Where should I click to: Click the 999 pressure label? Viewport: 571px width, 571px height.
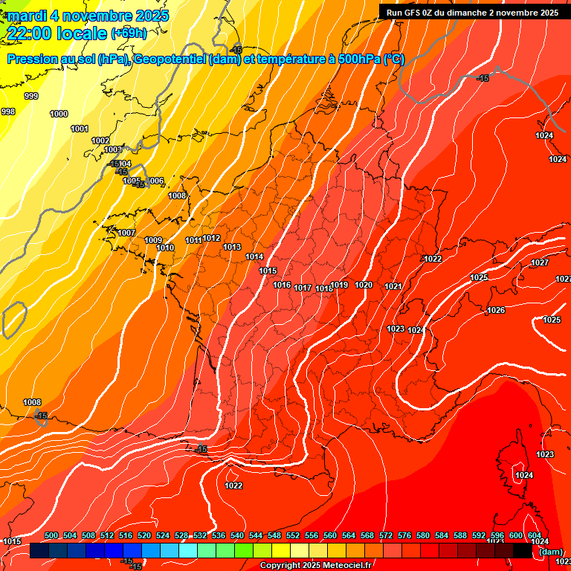pos(31,96)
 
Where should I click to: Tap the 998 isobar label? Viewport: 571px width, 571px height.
pos(8,112)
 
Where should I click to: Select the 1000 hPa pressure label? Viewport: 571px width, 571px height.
pos(59,114)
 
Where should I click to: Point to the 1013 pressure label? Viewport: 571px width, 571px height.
pos(232,247)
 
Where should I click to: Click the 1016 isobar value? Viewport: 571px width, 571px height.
pos(282,285)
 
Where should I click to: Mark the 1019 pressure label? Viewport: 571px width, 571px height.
pos(340,285)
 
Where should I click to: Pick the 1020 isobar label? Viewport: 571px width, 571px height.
pos(364,285)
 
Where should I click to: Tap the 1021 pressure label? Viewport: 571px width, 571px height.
pos(393,286)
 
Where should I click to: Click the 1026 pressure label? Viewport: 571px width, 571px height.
pos(496,310)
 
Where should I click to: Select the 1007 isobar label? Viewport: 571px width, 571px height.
pos(126,233)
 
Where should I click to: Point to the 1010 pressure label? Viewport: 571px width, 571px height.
pos(165,248)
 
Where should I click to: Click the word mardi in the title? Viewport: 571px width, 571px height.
pos(26,16)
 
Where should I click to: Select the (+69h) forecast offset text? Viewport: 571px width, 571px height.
pos(129,33)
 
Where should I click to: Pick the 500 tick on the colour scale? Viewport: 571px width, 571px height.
pos(51,535)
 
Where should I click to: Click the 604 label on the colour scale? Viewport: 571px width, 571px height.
pos(535,535)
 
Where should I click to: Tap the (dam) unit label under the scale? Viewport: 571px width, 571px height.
pos(550,552)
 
